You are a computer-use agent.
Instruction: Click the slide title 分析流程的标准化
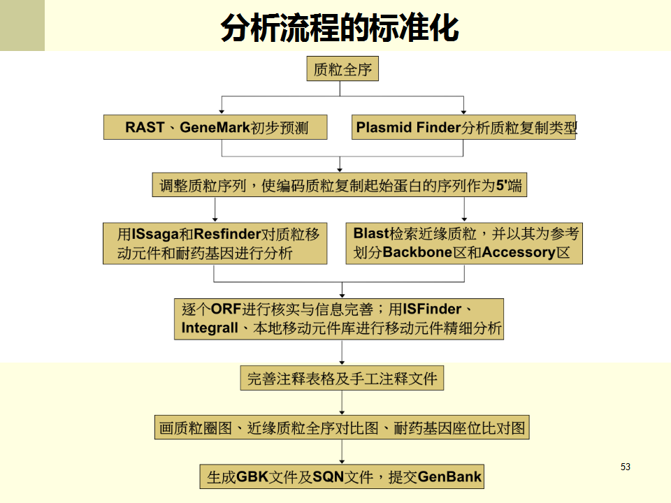pyautogui.click(x=340, y=28)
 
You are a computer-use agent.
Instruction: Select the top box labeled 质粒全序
pyautogui.click(x=342, y=68)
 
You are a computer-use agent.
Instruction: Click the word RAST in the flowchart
pyautogui.click(x=145, y=127)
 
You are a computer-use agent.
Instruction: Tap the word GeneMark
pyautogui.click(x=215, y=127)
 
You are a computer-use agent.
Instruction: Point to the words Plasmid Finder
pyautogui.click(x=408, y=127)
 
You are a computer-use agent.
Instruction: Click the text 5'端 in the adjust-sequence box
pyautogui.click(x=509, y=185)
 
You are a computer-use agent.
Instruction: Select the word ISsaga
pyautogui.click(x=155, y=234)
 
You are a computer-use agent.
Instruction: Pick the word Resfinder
pyautogui.click(x=227, y=234)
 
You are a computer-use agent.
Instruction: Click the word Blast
pyautogui.click(x=371, y=233)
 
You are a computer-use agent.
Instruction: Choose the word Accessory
pyautogui.click(x=519, y=252)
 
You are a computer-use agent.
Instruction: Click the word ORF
pyautogui.click(x=226, y=309)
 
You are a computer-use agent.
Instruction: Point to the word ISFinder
pyautogui.click(x=432, y=308)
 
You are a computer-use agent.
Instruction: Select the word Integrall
pyautogui.click(x=209, y=328)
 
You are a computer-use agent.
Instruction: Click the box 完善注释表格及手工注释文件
pyautogui.click(x=342, y=378)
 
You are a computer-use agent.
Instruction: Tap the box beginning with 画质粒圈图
pyautogui.click(x=342, y=428)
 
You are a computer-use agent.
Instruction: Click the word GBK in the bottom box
pyautogui.click(x=252, y=476)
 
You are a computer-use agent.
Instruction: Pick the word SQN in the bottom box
pyautogui.click(x=329, y=476)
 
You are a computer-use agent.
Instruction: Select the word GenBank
pyautogui.click(x=449, y=476)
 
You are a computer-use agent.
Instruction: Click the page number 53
pyautogui.click(x=625, y=467)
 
